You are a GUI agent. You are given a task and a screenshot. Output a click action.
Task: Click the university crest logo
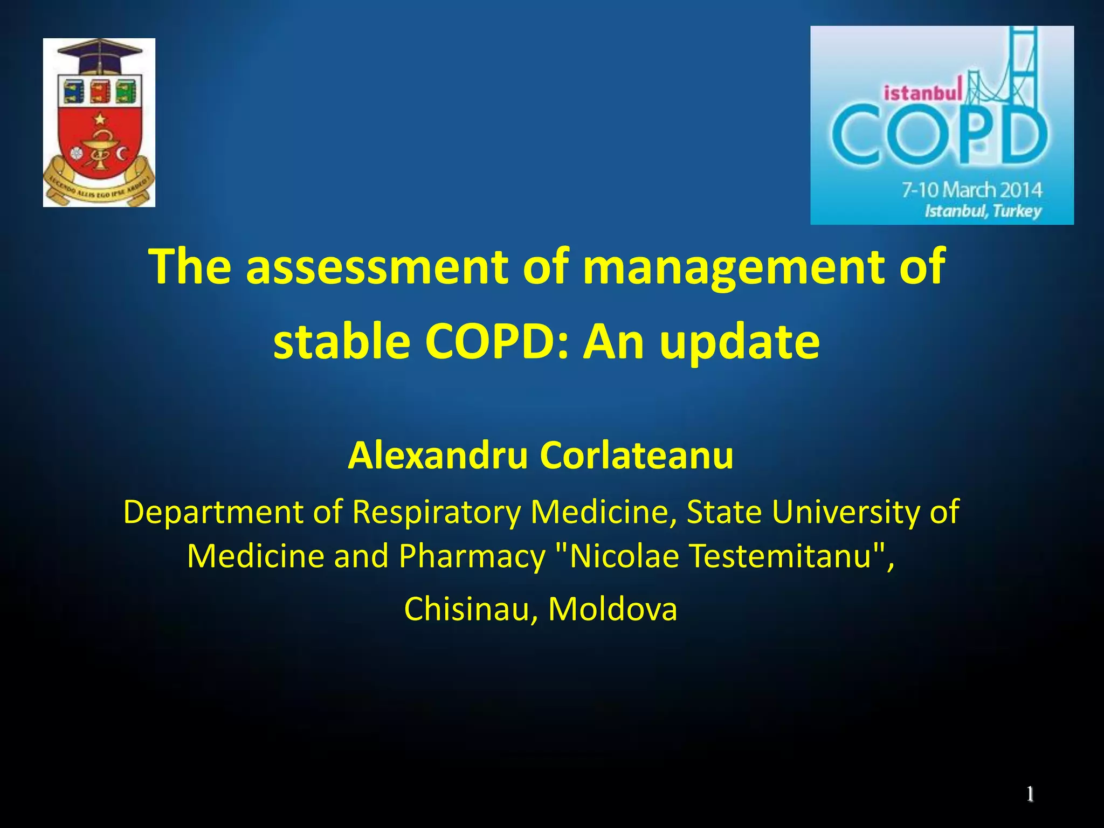pyautogui.click(x=99, y=123)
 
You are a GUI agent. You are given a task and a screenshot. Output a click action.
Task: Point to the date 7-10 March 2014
pyautogui.click(x=972, y=190)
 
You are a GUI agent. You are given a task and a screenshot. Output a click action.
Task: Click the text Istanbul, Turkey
pyautogui.click(x=983, y=211)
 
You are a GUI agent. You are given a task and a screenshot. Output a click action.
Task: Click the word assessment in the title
pyautogui.click(x=377, y=266)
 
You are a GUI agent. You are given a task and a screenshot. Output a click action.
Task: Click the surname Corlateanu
pyautogui.click(x=637, y=456)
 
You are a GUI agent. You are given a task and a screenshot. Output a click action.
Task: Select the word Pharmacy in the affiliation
pyautogui.click(x=472, y=556)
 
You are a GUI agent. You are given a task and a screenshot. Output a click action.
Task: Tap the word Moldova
pyautogui.click(x=612, y=609)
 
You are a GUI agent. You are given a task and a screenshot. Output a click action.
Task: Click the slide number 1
pyautogui.click(x=1030, y=794)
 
